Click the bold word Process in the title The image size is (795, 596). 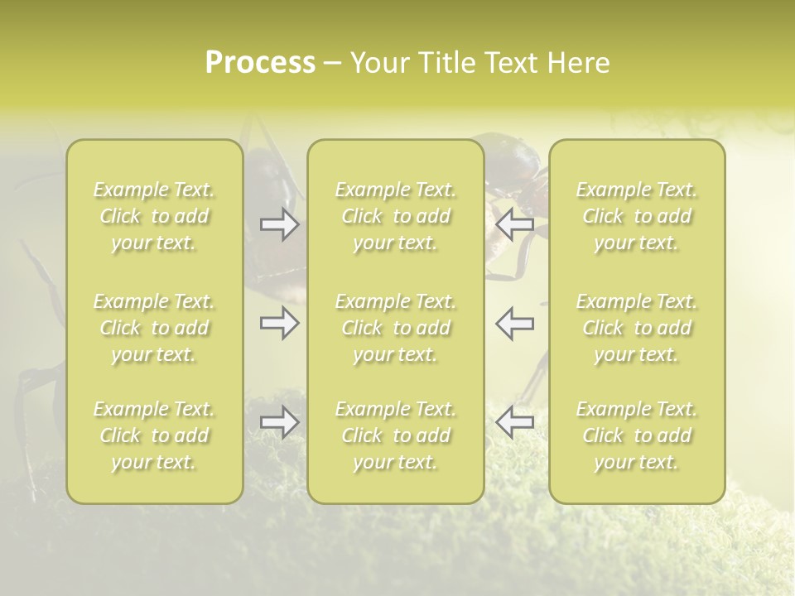(x=260, y=63)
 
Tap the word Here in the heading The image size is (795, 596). (x=579, y=63)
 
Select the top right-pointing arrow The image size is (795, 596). (x=279, y=223)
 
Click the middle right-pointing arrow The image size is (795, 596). (x=279, y=323)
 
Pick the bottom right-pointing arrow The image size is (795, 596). (x=279, y=422)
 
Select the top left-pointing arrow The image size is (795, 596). (x=514, y=223)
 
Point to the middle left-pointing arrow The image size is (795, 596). (x=514, y=323)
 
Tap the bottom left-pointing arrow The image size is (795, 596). (x=514, y=422)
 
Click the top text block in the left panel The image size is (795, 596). (x=154, y=216)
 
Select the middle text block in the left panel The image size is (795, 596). (x=154, y=328)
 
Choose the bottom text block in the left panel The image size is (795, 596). (x=154, y=435)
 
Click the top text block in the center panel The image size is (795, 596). (x=396, y=216)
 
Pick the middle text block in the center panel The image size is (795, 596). (x=396, y=328)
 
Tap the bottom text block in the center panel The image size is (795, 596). (x=396, y=435)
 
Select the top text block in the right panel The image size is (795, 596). (x=637, y=216)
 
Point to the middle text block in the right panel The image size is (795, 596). (x=637, y=328)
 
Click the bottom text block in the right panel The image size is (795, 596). (x=637, y=435)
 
